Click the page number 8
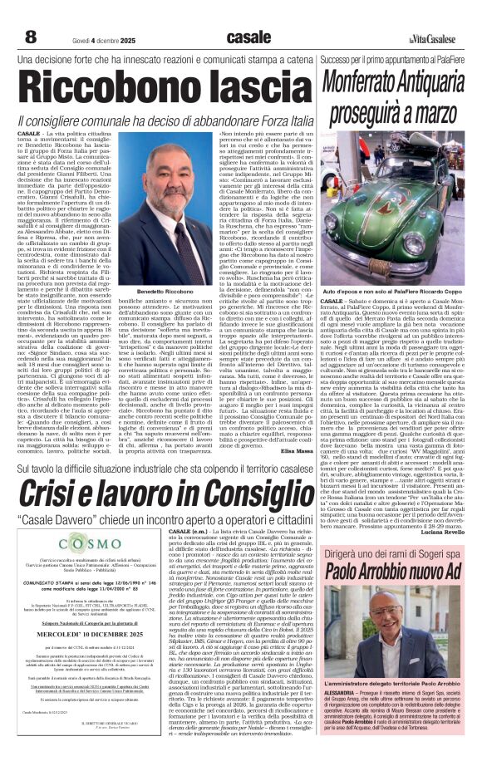(31, 37)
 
